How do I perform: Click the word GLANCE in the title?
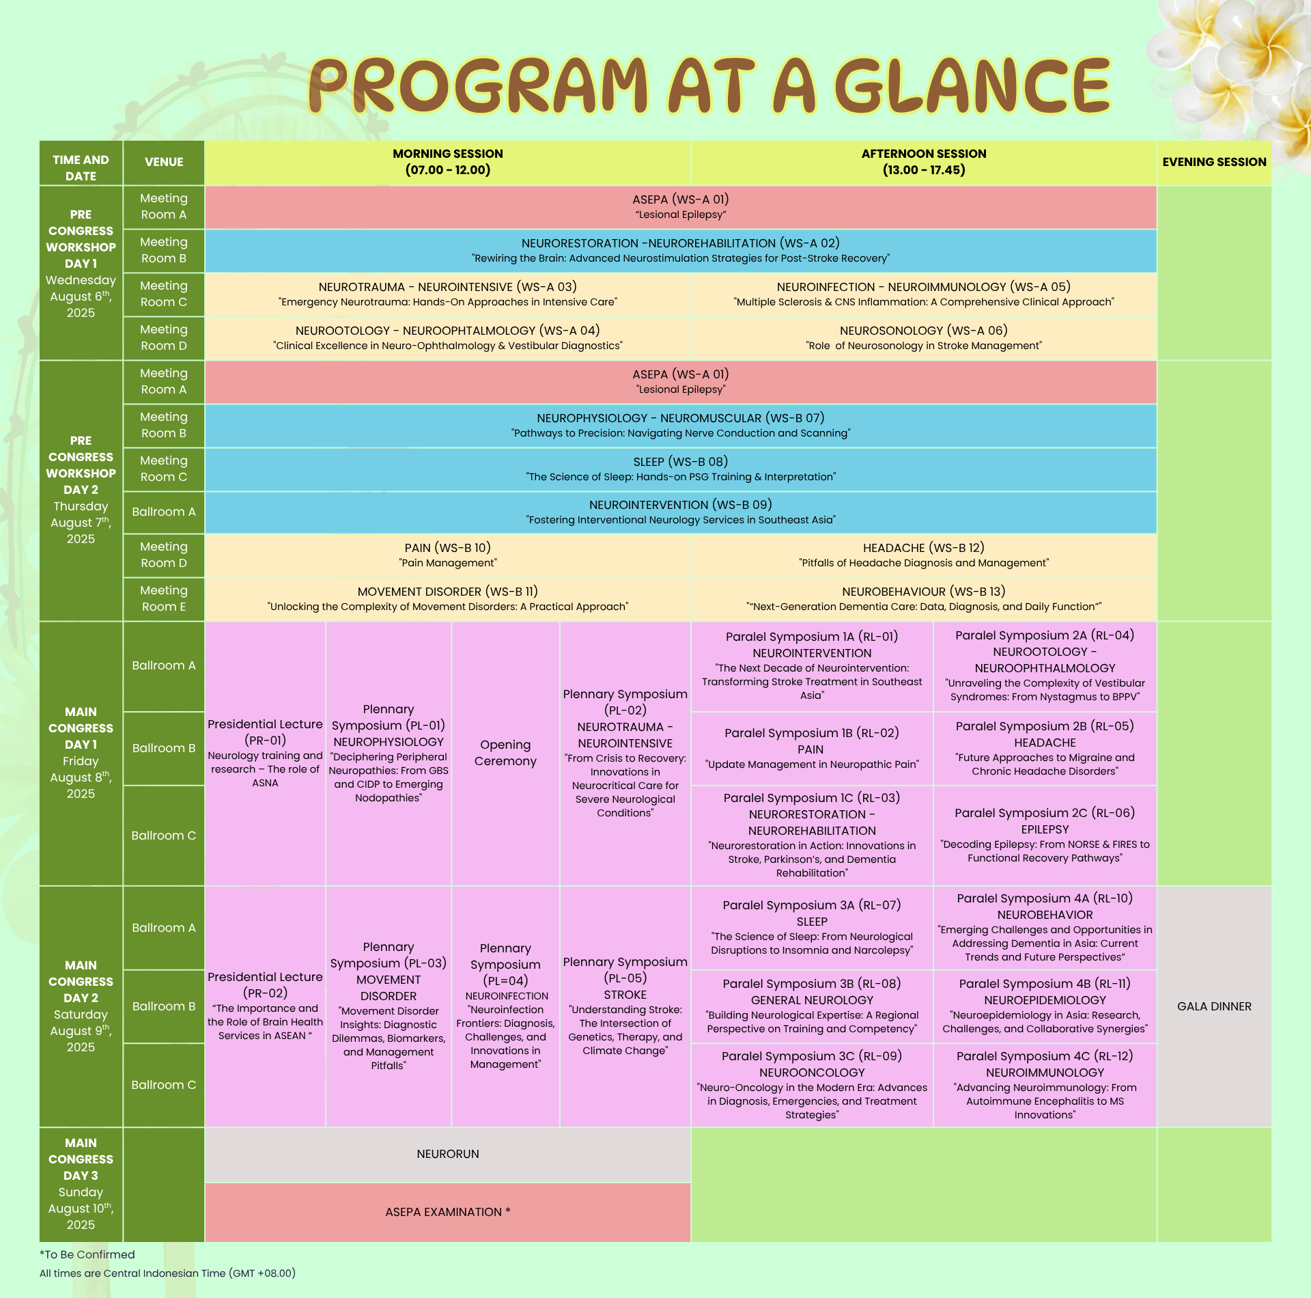[974, 85]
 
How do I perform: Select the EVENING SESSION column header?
[1214, 163]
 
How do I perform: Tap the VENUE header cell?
[164, 163]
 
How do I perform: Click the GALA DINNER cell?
[1214, 1006]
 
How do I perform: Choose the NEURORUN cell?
[448, 1155]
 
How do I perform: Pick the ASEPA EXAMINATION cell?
[448, 1213]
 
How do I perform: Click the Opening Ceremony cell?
[505, 754]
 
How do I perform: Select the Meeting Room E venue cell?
[164, 599]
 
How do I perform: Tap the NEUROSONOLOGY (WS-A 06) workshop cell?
[924, 338]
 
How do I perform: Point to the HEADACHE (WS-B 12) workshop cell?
[924, 555]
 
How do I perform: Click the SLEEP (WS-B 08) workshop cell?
[681, 469]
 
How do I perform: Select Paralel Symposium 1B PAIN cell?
[812, 749]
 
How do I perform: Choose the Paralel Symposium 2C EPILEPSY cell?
[1045, 836]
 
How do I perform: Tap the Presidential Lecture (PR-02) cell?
[265, 1006]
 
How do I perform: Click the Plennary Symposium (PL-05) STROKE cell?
[625, 1006]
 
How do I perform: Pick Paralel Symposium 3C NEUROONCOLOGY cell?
[812, 1086]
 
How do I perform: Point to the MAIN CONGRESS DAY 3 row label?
[81, 1185]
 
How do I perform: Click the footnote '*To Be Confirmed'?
[87, 1254]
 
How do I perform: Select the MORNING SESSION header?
[448, 163]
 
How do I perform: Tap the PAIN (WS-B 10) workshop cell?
[448, 555]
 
